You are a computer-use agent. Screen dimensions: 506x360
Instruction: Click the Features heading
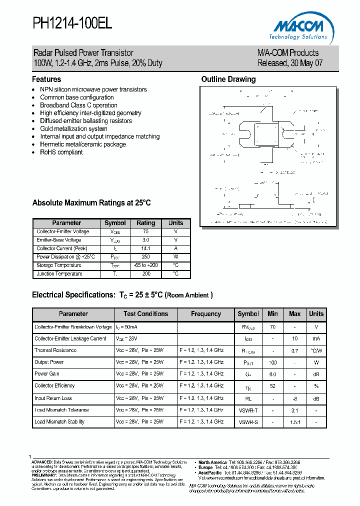[x=46, y=79]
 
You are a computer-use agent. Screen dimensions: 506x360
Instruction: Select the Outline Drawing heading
[x=228, y=79]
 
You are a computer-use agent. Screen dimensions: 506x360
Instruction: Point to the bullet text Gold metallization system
[x=73, y=128]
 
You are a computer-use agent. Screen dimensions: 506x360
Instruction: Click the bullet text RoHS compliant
[x=61, y=152]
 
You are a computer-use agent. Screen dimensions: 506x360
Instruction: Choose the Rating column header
[x=146, y=223]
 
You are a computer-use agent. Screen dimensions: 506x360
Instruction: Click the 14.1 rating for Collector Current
[x=146, y=248]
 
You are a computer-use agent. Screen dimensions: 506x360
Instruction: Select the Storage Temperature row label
[x=58, y=265]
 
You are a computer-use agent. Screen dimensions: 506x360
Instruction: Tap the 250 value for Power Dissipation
[x=146, y=257]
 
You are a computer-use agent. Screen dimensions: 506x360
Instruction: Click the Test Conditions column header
[x=145, y=314]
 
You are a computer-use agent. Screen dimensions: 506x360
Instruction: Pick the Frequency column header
[x=206, y=314]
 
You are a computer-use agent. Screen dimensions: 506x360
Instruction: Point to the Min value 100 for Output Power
[x=272, y=362]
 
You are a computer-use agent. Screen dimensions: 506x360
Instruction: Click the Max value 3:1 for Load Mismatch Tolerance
[x=295, y=410]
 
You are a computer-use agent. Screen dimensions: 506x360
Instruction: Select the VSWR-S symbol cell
[x=248, y=422]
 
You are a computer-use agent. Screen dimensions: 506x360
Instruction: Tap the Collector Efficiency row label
[x=54, y=386]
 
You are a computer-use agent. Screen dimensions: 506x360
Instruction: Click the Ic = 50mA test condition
[x=126, y=327]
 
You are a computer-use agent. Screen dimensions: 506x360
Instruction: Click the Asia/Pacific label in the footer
[x=210, y=472]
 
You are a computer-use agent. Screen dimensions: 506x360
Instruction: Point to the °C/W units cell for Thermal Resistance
[x=316, y=350]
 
